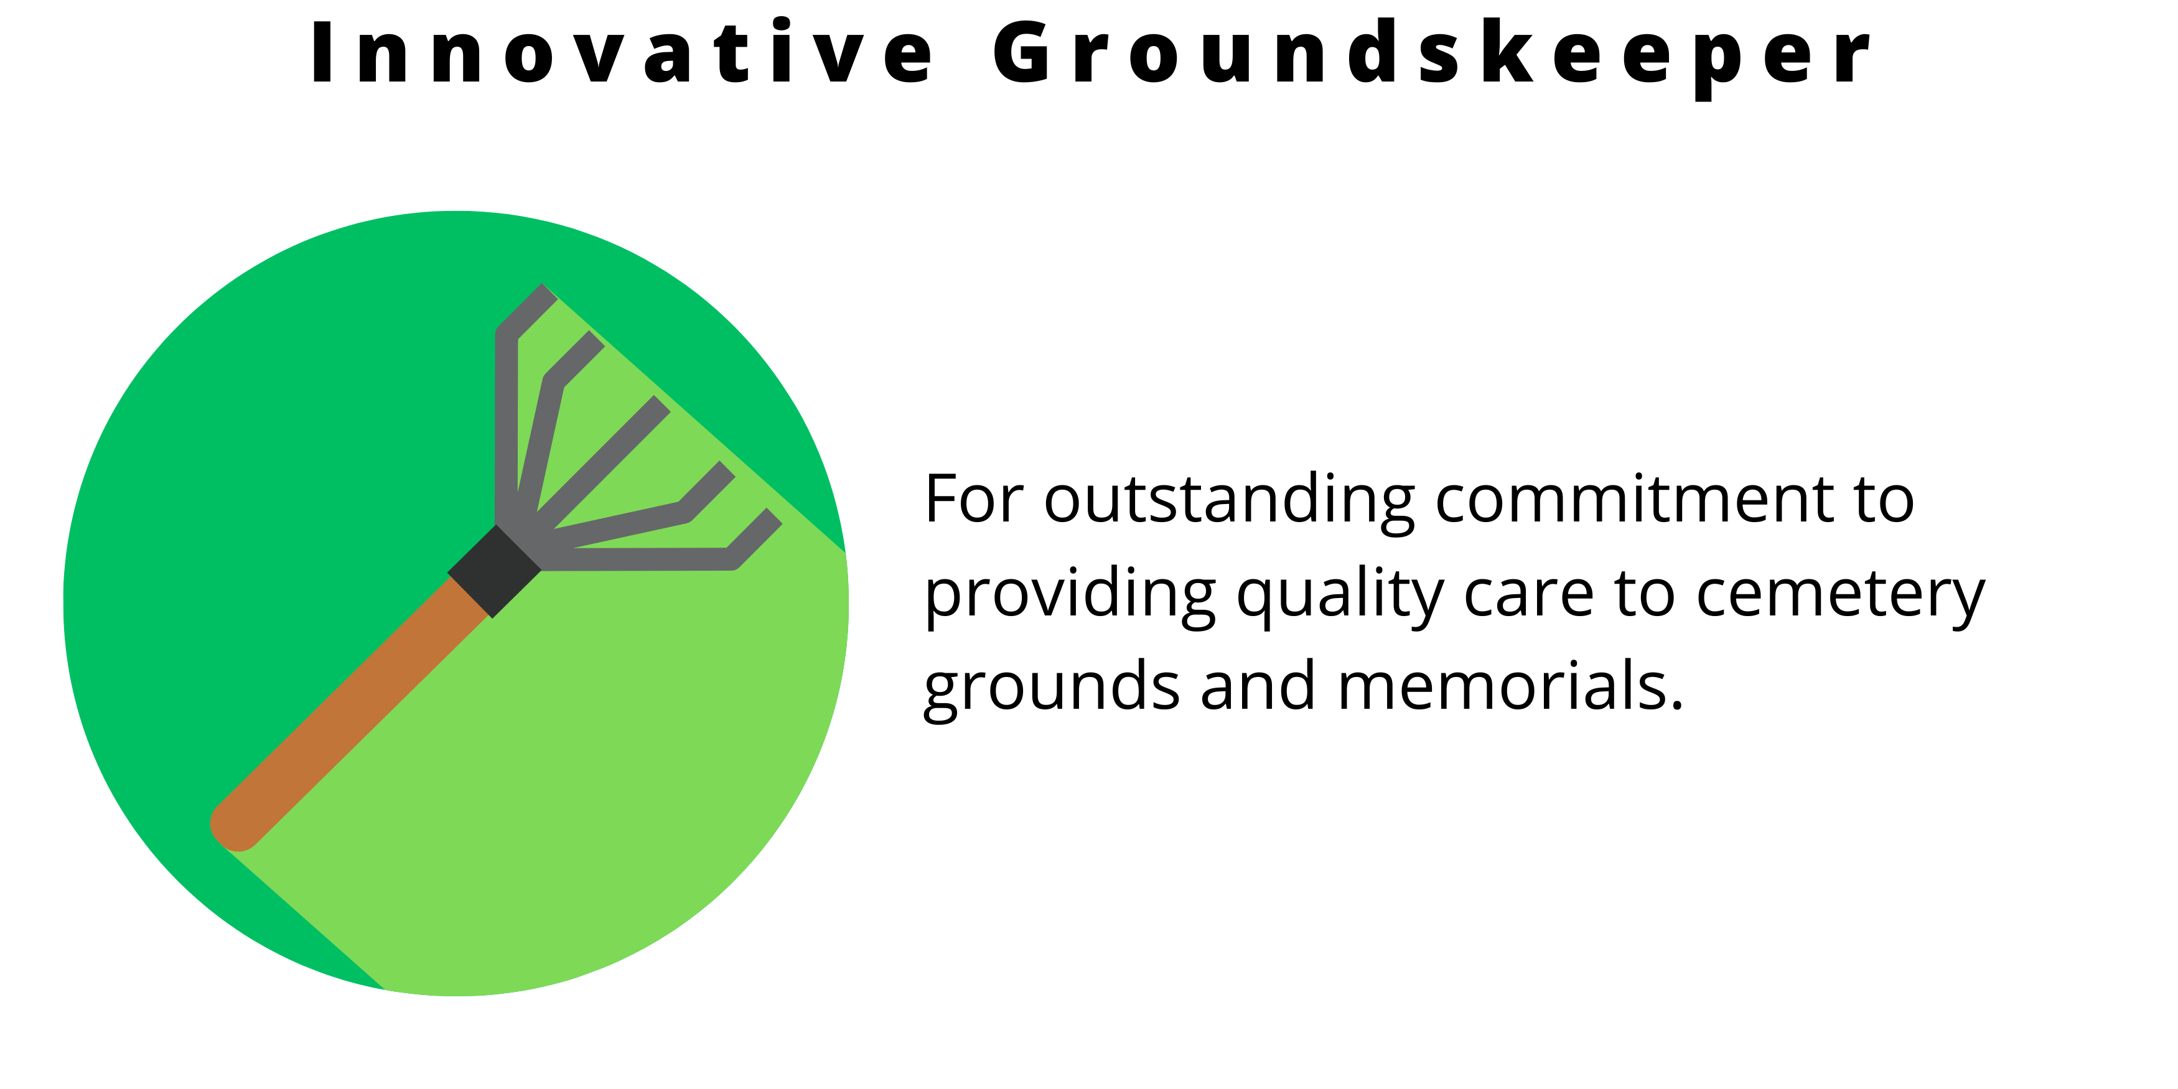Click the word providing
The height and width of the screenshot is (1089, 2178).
1070,597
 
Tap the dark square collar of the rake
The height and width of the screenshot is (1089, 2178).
495,571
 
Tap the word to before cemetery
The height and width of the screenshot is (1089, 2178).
1645,597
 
